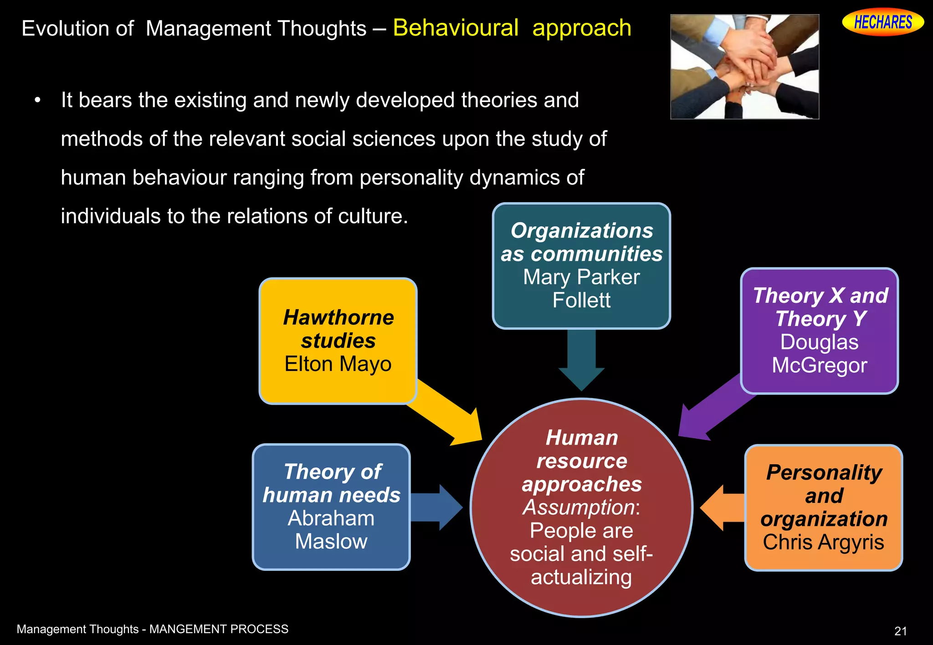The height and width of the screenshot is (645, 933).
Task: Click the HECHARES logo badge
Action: (x=882, y=22)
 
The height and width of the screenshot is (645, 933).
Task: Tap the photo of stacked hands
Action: (x=744, y=67)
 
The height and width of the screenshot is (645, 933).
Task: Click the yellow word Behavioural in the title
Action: (x=456, y=28)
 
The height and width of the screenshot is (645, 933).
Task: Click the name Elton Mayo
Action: (x=338, y=364)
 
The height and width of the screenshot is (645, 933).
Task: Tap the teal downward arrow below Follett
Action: (x=581, y=360)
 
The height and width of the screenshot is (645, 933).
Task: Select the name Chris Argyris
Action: (x=824, y=542)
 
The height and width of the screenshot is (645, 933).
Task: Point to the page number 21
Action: (x=900, y=631)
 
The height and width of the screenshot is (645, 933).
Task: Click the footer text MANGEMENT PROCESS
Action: (x=219, y=629)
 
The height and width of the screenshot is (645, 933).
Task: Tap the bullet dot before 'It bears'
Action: (x=38, y=100)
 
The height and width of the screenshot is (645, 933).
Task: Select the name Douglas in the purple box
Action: (x=819, y=342)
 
